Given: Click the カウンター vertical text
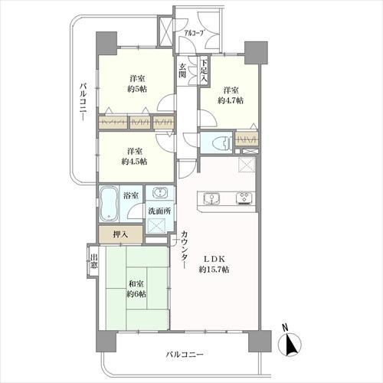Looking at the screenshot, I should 185,249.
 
